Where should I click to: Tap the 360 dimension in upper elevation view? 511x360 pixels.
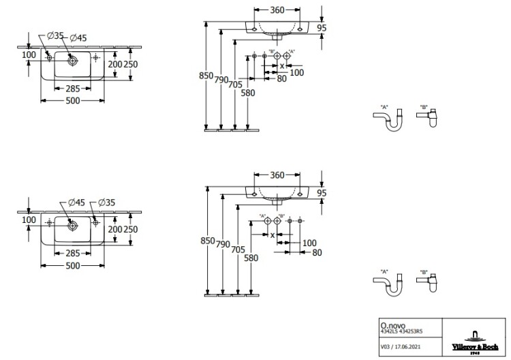pyautogui.click(x=275, y=10)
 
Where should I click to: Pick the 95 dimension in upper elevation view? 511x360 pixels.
pyautogui.click(x=323, y=28)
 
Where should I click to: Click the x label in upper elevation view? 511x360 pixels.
pyautogui.click(x=283, y=66)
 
